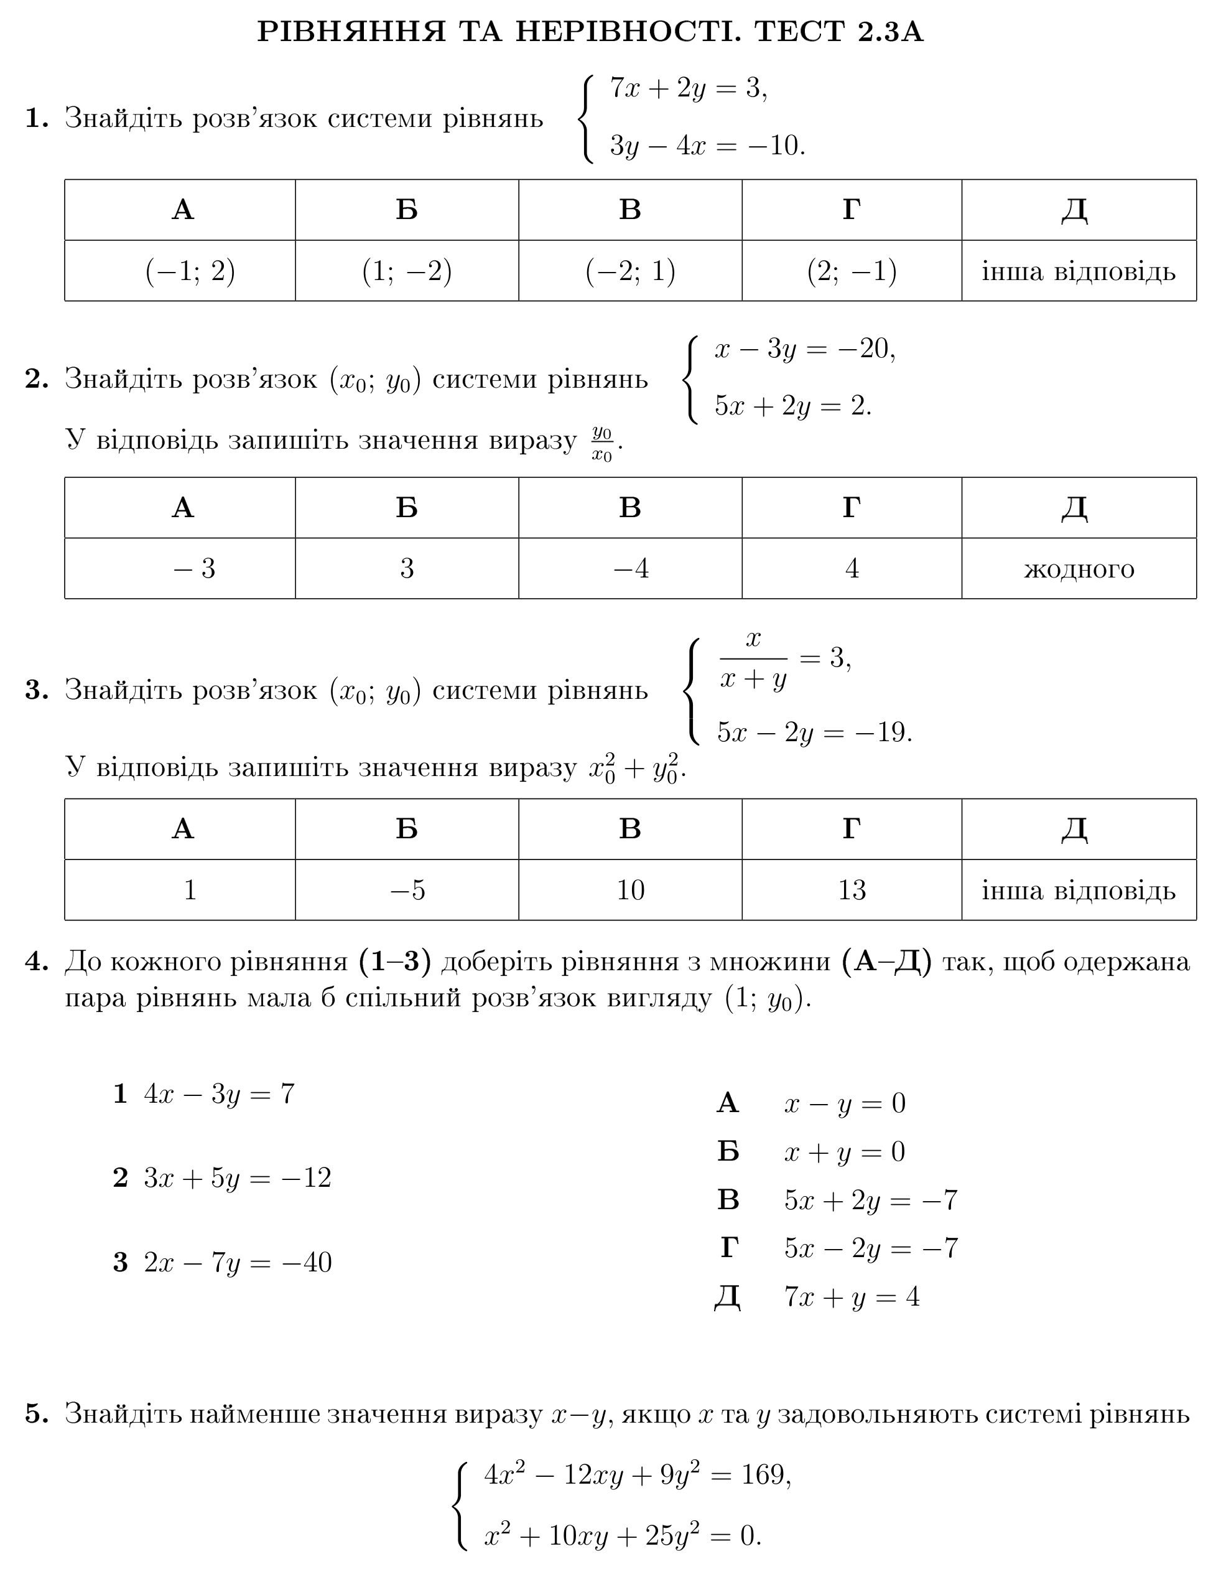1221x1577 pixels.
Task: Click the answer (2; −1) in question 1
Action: pyautogui.click(x=852, y=271)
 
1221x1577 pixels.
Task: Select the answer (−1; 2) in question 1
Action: pyautogui.click(x=190, y=271)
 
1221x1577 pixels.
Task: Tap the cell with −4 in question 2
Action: pyautogui.click(x=630, y=569)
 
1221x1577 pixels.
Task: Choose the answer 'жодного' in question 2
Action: pyautogui.click(x=1078, y=569)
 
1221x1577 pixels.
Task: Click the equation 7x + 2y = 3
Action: pyautogui.click(x=688, y=88)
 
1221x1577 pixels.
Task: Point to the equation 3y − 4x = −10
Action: pyautogui.click(x=707, y=146)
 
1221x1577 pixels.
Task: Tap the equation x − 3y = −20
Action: pyautogui.click(x=805, y=350)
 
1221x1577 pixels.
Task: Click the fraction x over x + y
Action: pyautogui.click(x=753, y=659)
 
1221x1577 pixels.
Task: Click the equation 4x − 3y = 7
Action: pyautogui.click(x=219, y=1094)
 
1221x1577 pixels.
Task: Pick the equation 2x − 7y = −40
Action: pyautogui.click(x=238, y=1262)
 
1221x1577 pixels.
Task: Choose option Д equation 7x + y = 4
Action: pyautogui.click(x=852, y=1297)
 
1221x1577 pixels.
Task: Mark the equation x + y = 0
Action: pyautogui.click(x=844, y=1152)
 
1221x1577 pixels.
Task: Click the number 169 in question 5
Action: pyautogui.click(x=764, y=1474)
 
